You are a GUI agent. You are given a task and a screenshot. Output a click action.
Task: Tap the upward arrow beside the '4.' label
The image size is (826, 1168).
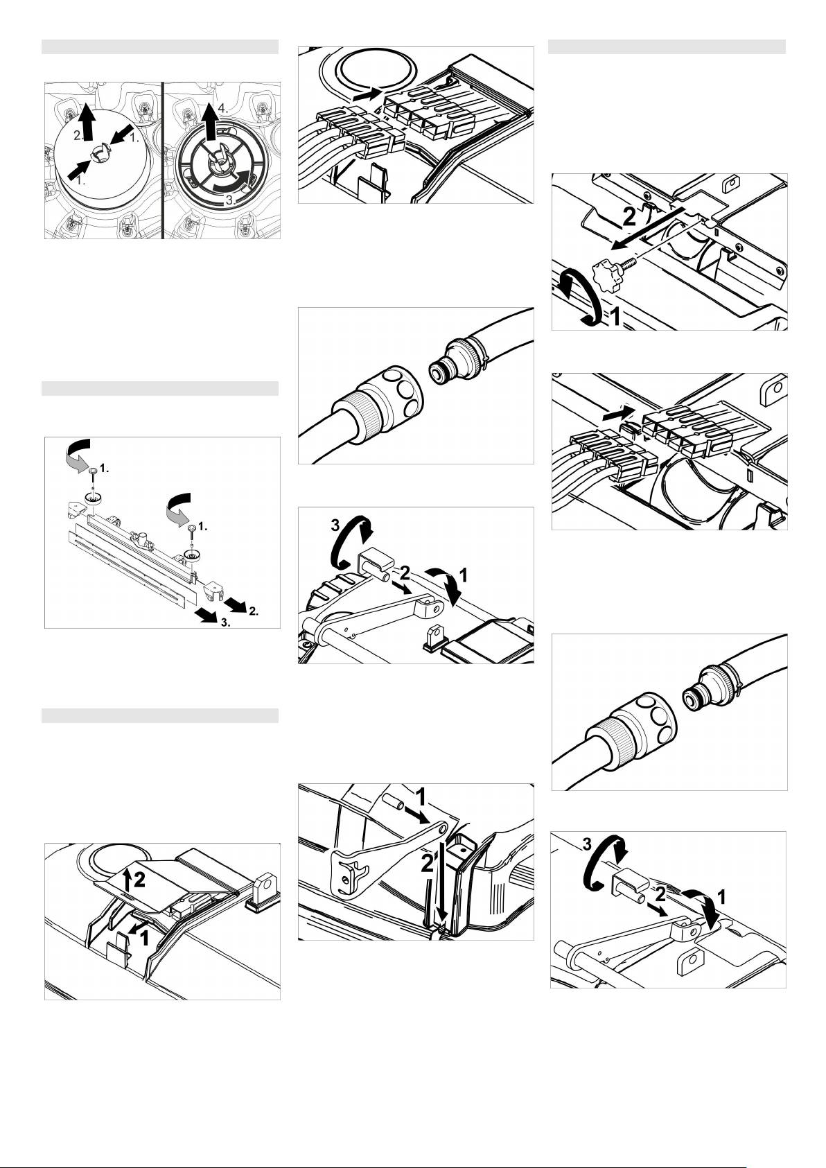point(209,122)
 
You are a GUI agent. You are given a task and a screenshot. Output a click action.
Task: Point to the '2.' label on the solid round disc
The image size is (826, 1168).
point(78,136)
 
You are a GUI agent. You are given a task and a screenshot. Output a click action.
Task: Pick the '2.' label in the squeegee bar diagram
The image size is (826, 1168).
point(253,611)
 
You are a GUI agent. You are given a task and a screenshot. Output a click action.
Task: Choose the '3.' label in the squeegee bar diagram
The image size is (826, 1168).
point(225,622)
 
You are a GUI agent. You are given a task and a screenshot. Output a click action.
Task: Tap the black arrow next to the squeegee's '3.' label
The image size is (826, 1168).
point(207,615)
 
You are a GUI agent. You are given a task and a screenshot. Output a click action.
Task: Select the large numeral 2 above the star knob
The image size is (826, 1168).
point(629,216)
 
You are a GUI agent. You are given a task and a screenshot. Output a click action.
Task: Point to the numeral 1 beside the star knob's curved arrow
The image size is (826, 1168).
point(615,316)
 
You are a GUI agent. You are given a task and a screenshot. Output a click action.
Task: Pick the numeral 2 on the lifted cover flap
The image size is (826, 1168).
point(139,881)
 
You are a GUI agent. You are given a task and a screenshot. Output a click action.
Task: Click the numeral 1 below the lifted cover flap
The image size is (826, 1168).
point(144,939)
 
